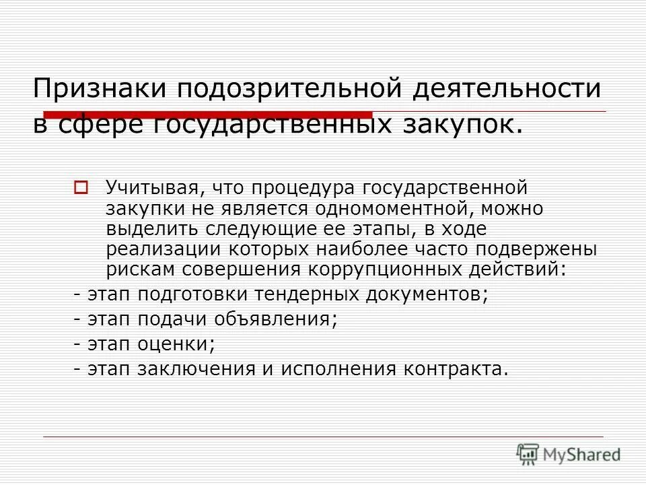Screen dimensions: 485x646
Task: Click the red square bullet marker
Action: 81,186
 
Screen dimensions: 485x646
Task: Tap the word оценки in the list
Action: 178,344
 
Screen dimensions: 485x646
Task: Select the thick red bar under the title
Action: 209,114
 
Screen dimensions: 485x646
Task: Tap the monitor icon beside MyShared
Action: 528,454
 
